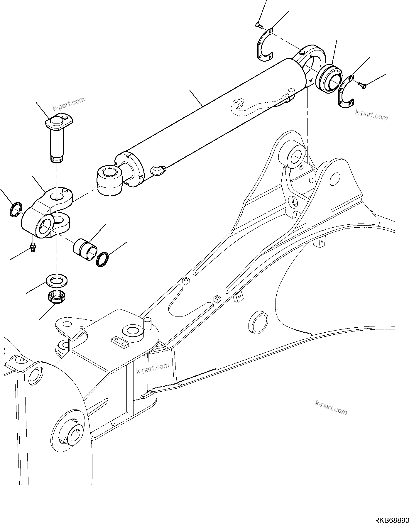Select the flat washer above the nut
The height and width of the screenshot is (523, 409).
tap(57, 281)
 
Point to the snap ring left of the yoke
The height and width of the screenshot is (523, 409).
tap(15, 209)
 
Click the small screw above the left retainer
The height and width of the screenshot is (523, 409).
tap(259, 26)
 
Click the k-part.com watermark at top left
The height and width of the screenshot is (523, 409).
tap(69, 104)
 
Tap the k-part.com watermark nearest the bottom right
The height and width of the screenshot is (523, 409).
tap(331, 407)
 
